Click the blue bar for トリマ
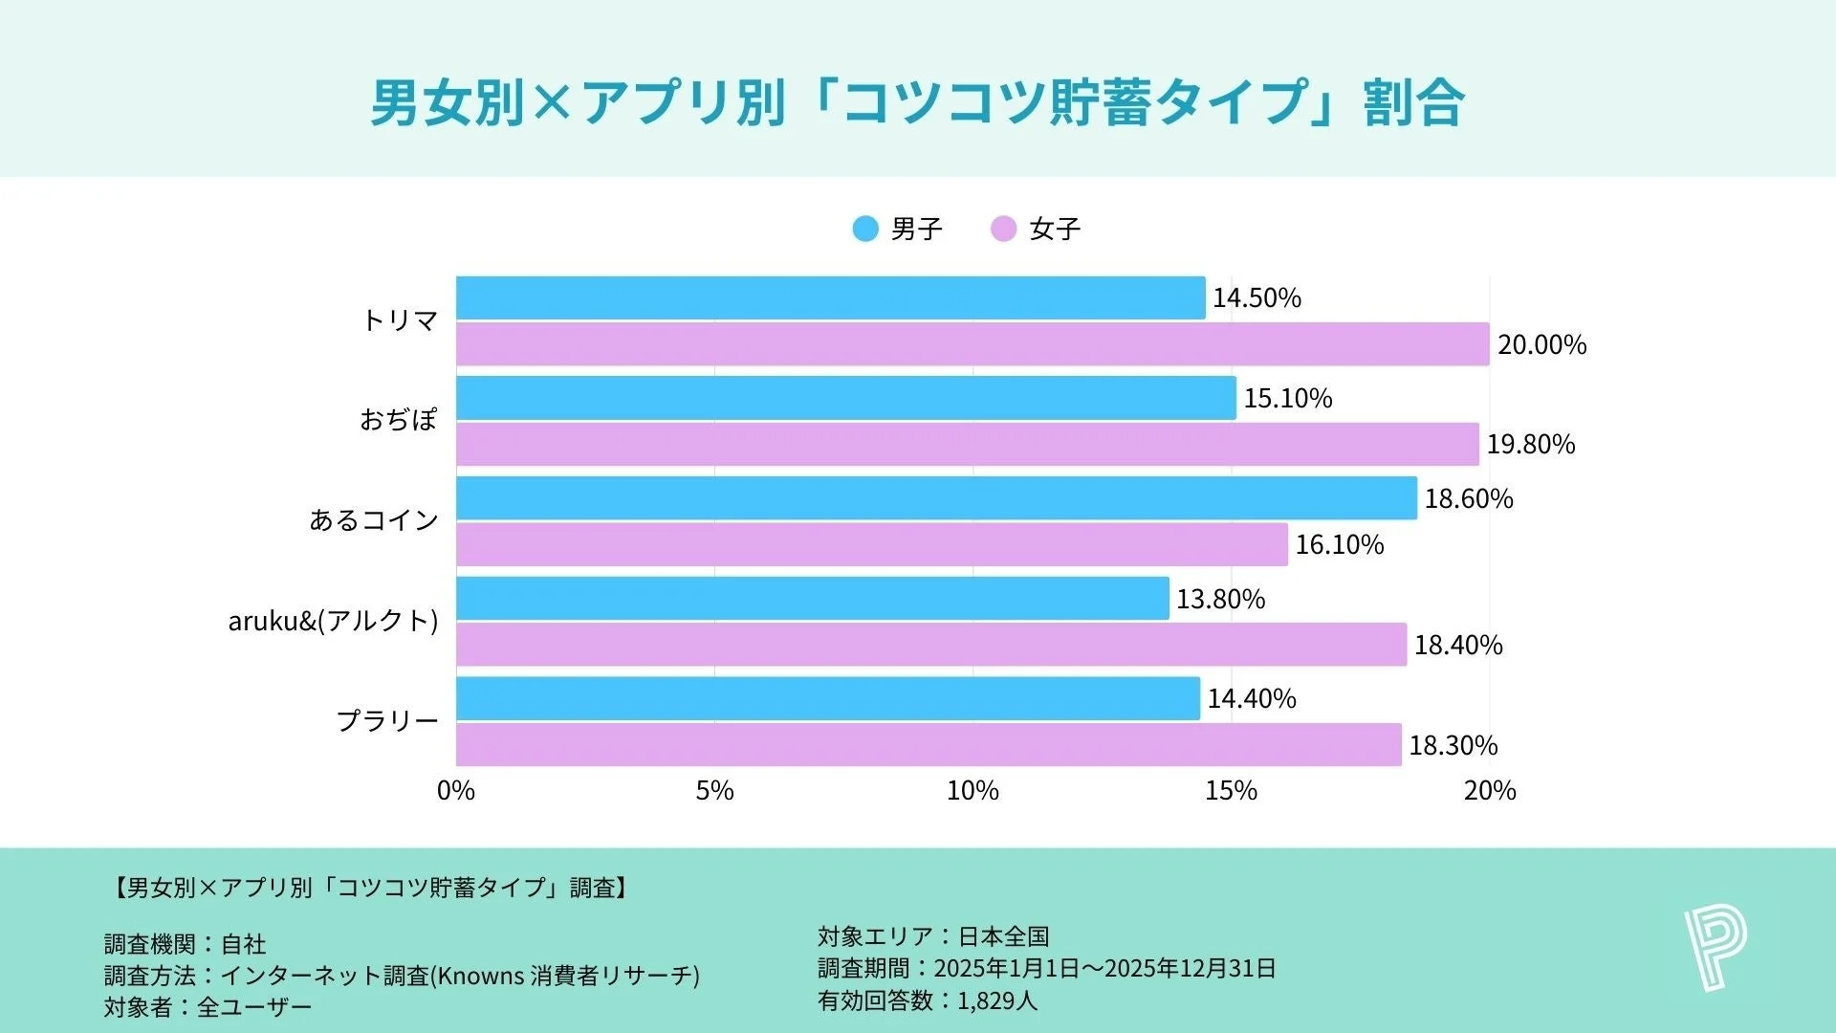click(x=830, y=297)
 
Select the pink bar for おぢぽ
click(x=967, y=444)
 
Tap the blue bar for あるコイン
click(x=936, y=498)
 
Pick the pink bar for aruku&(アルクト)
click(x=931, y=645)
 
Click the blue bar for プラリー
click(x=827, y=698)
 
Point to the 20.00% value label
click(x=1541, y=344)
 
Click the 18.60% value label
click(x=1469, y=498)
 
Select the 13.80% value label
click(x=1220, y=599)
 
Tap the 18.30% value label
click(x=1453, y=745)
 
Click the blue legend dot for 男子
click(x=865, y=229)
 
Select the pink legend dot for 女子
click(x=1003, y=229)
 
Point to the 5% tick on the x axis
click(x=714, y=791)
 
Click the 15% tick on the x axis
click(x=1231, y=791)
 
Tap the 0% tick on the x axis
click(x=456, y=791)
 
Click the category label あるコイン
click(x=374, y=519)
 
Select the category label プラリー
click(x=387, y=720)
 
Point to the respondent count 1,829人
click(x=996, y=1000)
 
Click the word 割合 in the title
click(x=1413, y=102)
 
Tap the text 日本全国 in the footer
click(x=1004, y=935)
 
